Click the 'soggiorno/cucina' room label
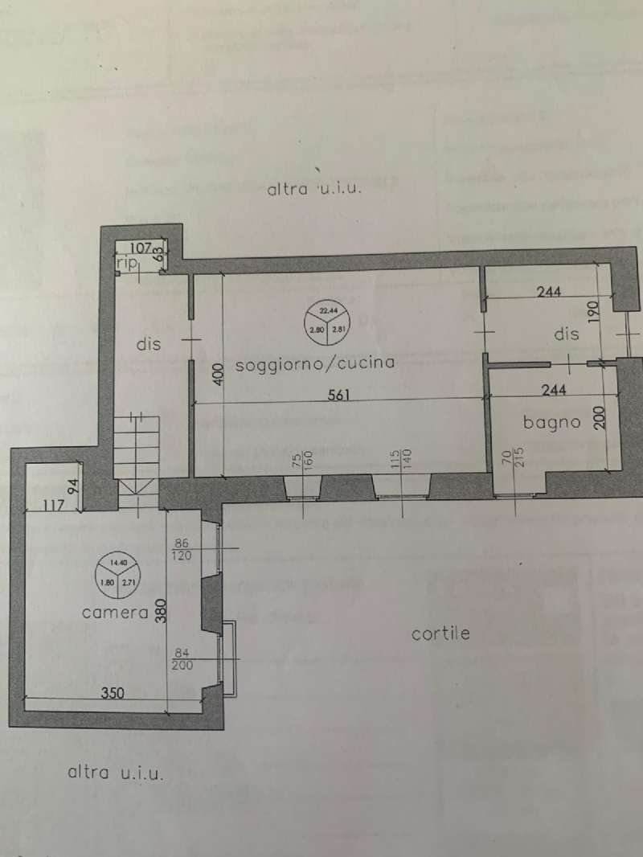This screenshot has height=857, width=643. (315, 363)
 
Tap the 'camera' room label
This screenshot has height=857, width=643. (115, 613)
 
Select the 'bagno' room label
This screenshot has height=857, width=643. (551, 421)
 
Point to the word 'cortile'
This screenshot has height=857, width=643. (440, 634)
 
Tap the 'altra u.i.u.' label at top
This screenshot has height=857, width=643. (317, 191)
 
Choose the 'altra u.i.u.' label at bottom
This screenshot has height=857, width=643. (116, 773)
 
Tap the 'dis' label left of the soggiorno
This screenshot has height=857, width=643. (148, 344)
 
